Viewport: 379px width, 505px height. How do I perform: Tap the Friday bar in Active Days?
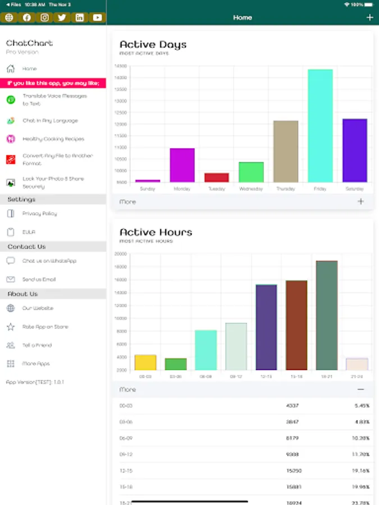320,126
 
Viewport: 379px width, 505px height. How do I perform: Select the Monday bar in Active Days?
182,165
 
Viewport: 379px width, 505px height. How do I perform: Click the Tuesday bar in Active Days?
216,177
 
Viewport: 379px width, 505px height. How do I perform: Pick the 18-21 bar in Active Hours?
327,315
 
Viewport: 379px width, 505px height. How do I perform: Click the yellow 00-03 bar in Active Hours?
145,362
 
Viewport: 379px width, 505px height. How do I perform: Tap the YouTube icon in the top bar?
98,17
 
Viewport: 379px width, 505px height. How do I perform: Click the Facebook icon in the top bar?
26,17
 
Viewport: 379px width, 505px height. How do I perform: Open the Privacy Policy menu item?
39,214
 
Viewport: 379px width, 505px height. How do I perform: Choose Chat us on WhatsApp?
49,261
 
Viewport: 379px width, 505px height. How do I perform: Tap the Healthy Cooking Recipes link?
53,139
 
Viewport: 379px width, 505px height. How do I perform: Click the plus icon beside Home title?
369,17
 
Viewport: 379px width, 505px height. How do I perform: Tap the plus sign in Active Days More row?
360,201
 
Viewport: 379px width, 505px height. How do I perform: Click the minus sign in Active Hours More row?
360,389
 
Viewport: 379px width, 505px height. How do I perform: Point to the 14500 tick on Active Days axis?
120,66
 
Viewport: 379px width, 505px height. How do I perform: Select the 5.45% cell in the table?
362,406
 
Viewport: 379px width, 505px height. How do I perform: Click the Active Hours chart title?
156,232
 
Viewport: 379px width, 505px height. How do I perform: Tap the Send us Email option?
39,279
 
